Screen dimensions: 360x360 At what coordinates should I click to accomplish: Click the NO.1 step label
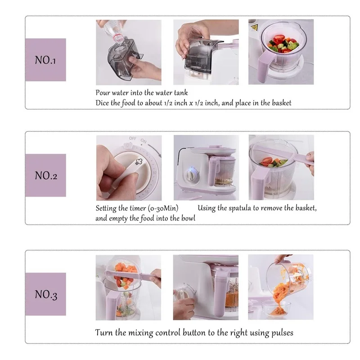pos(45,60)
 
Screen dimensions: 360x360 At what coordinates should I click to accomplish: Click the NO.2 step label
pos(45,175)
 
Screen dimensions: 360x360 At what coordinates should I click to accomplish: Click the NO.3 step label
pos(45,295)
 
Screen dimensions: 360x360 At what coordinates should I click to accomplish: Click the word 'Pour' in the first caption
pos(103,93)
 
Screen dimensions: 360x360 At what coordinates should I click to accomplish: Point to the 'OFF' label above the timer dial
pos(132,139)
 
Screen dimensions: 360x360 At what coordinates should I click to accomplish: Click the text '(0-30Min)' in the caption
pos(163,208)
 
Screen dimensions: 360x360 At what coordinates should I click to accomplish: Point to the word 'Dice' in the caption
pos(103,103)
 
